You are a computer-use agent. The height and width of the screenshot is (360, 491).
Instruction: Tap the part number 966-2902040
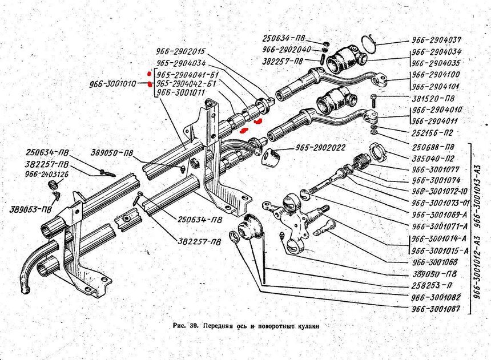288,49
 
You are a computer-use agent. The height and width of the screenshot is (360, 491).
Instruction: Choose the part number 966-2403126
47,174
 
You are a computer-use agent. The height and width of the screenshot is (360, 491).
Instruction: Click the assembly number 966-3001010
112,84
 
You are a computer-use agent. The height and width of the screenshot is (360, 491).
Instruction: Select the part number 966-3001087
436,309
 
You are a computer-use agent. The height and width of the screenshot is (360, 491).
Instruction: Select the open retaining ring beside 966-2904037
369,43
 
